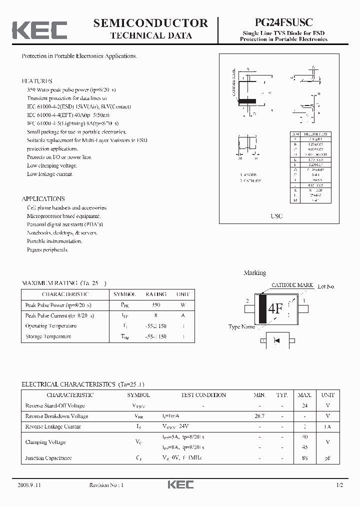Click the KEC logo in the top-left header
click(x=39, y=30)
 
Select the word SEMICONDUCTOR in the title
click(x=151, y=23)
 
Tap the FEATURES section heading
click(x=37, y=81)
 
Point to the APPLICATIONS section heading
click(x=43, y=198)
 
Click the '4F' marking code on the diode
click(x=275, y=308)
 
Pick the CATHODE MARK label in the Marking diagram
click(x=292, y=285)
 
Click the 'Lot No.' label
click(x=326, y=286)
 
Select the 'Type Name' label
click(x=241, y=327)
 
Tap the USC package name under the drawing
click(x=276, y=216)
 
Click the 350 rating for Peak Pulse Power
click(x=156, y=305)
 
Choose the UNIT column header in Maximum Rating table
click(x=183, y=294)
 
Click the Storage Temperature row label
click(x=48, y=336)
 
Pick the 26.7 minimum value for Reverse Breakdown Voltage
click(x=259, y=416)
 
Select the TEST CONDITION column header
click(x=203, y=395)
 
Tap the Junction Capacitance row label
click(x=48, y=458)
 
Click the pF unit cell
click(x=328, y=458)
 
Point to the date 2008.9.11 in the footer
click(x=29, y=485)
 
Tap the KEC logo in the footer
click(x=180, y=484)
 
